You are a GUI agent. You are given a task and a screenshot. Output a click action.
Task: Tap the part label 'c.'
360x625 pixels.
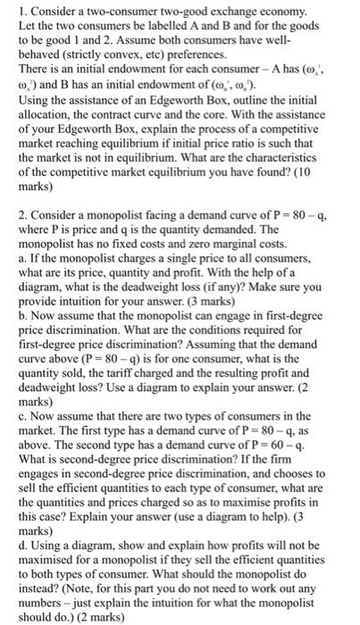click(x=9, y=424)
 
